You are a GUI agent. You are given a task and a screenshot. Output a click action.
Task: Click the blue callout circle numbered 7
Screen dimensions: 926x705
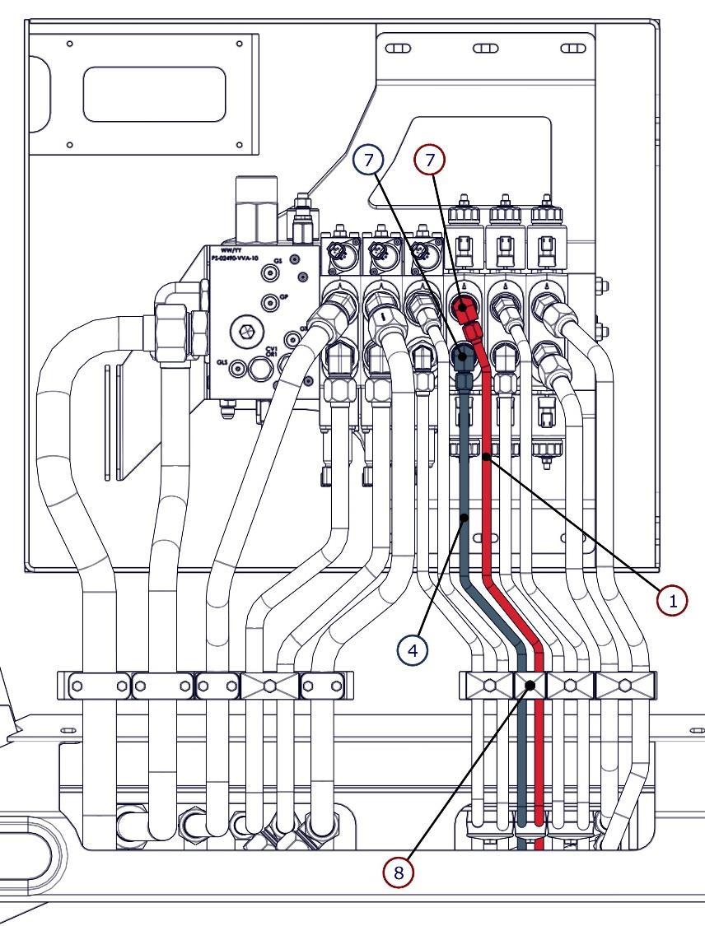367,160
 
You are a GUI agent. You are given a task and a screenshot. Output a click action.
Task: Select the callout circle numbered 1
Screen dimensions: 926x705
673,600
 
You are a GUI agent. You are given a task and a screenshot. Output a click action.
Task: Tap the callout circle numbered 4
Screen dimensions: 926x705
413,649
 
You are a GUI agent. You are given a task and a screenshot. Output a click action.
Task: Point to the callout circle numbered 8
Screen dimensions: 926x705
399,872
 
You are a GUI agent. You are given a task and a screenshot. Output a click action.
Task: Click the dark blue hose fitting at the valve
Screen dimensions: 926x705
464,357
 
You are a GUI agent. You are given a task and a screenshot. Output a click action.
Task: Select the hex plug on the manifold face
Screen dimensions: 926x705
245,331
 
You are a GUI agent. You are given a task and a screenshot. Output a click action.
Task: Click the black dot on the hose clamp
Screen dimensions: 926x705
530,685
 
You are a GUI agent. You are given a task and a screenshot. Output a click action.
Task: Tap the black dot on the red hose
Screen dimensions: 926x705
488,454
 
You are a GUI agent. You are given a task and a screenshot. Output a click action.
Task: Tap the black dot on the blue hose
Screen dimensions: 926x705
465,518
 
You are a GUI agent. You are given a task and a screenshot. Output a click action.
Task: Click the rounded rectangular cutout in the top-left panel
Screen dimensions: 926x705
154,94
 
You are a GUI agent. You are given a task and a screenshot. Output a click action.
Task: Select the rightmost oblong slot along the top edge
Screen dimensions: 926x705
572,48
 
